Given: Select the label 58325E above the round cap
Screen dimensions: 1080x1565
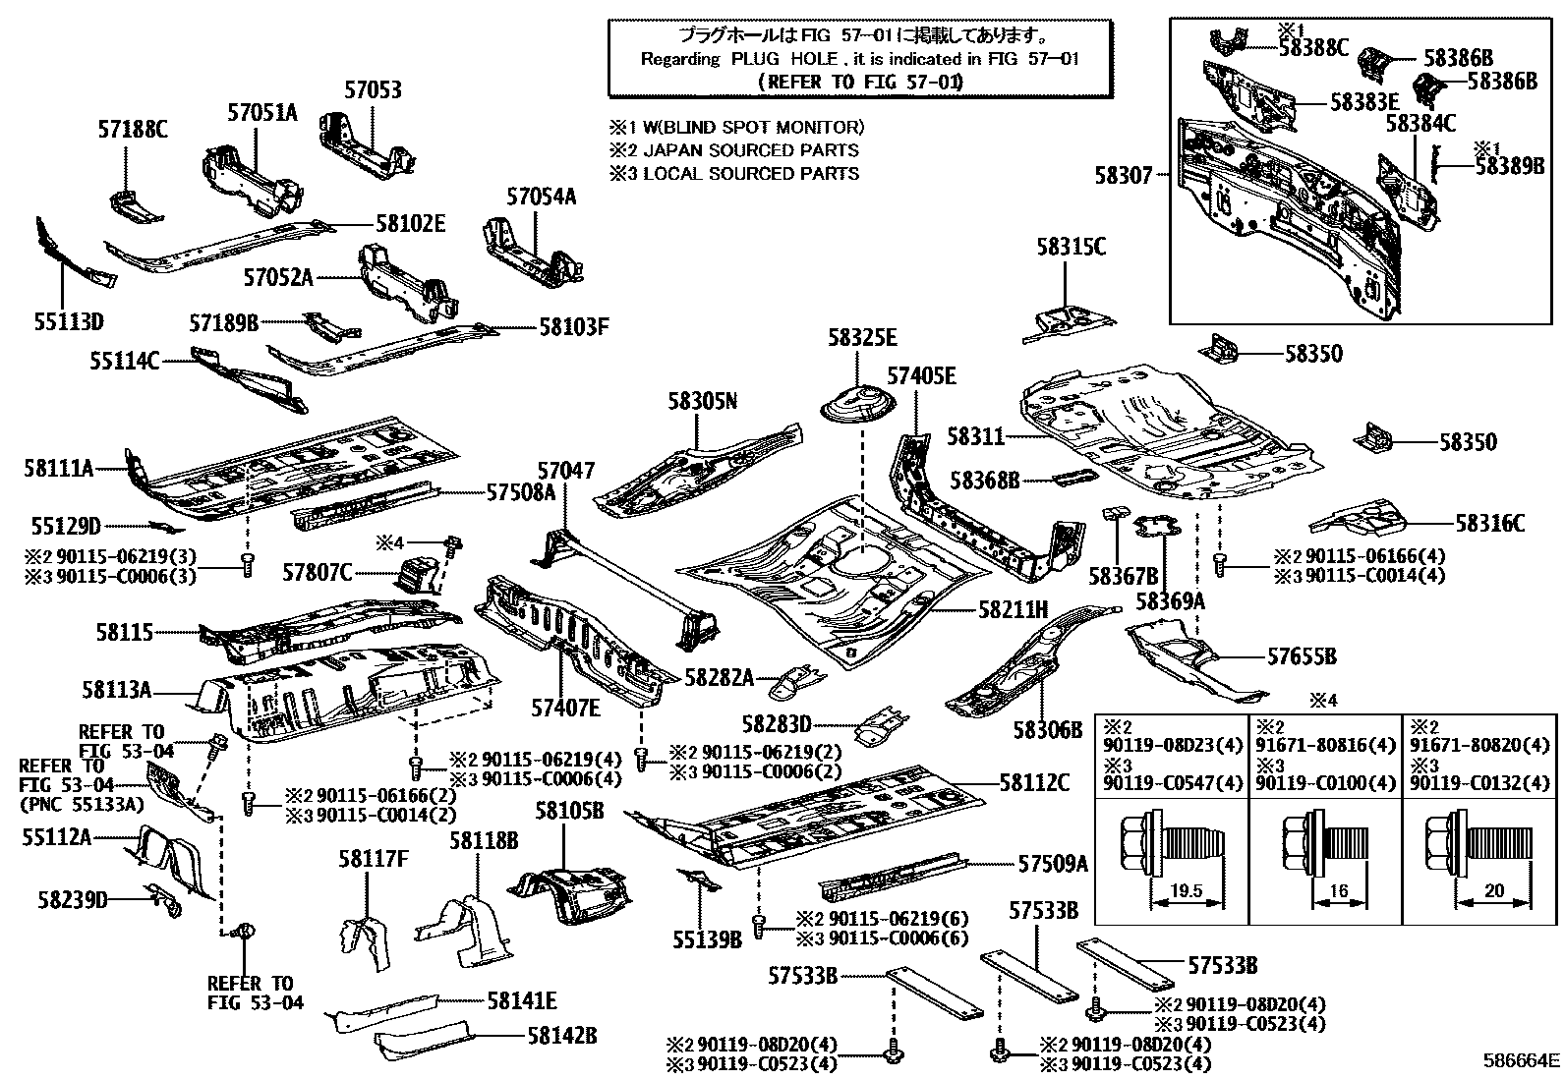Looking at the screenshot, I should click(x=862, y=337).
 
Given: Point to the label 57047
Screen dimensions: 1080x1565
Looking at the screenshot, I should click(x=565, y=471).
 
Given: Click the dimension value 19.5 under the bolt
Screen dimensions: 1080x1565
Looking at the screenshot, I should click(x=1188, y=892).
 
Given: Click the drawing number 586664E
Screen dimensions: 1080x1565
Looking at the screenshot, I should click(x=1521, y=1060).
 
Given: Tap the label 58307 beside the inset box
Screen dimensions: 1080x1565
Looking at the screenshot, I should click(x=1124, y=176).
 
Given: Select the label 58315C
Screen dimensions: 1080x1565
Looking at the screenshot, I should click(x=1070, y=247).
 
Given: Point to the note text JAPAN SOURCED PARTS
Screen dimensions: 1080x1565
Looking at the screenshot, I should click(x=751, y=150).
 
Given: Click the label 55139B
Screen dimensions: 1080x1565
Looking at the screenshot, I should click(x=707, y=940).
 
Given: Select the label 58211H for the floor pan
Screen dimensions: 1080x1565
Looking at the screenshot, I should click(x=1014, y=610).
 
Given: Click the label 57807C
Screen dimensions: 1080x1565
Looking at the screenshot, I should click(x=317, y=572).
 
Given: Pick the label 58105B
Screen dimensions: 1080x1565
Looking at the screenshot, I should click(x=569, y=812).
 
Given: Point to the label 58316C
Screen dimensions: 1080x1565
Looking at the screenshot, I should click(x=1489, y=524).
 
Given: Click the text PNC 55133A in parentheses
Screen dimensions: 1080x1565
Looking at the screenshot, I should click(x=82, y=803).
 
